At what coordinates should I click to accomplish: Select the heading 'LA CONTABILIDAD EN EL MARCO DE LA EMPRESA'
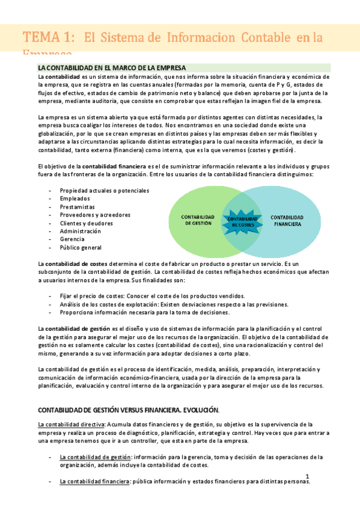tap(112, 67)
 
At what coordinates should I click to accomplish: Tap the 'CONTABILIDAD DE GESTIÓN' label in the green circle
tap(198, 220)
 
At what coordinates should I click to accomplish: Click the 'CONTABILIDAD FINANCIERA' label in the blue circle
tap(287, 220)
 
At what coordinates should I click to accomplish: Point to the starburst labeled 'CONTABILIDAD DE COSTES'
tap(242, 220)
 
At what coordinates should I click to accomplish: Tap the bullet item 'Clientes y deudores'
tap(87, 223)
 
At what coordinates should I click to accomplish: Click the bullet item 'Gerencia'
tap(72, 239)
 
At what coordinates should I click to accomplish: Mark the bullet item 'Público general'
tap(81, 247)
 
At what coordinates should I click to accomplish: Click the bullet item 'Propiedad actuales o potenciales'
tap(104, 191)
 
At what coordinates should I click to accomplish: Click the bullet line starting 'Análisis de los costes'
tap(174, 304)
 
